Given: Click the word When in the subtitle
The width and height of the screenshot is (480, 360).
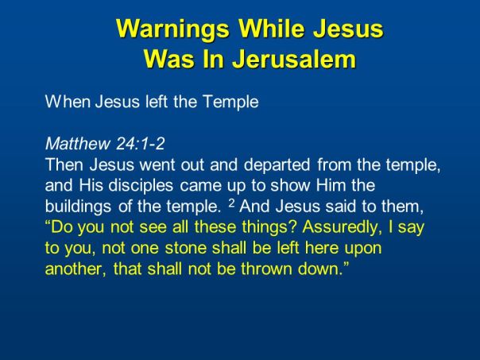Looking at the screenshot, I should [x=64, y=102].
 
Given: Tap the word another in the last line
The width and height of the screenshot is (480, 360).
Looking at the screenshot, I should [x=74, y=269].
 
